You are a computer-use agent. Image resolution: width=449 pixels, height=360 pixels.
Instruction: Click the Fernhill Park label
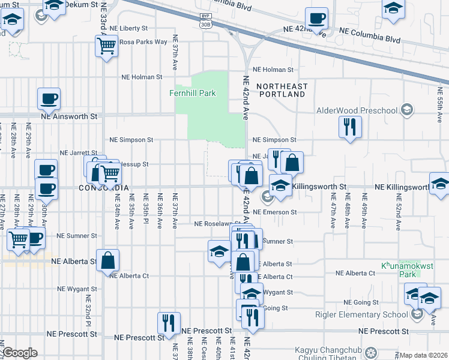click(192, 94)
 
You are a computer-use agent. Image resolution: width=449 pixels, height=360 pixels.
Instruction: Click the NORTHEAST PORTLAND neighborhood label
click(282, 91)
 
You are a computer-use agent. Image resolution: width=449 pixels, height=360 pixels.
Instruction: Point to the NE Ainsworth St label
click(69, 116)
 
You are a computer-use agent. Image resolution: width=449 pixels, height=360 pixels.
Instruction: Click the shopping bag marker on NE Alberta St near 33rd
click(108, 260)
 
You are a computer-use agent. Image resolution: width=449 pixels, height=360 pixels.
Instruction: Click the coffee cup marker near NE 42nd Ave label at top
click(316, 18)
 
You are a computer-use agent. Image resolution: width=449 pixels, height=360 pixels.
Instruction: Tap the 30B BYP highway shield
click(206, 20)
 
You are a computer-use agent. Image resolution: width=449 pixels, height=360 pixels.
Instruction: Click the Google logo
click(20, 353)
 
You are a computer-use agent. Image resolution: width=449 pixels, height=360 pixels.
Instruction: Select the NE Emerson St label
click(275, 212)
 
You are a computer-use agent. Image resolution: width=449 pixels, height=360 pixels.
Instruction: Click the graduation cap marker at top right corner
click(393, 9)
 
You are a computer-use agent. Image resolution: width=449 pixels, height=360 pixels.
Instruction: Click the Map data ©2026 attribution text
click(424, 355)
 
